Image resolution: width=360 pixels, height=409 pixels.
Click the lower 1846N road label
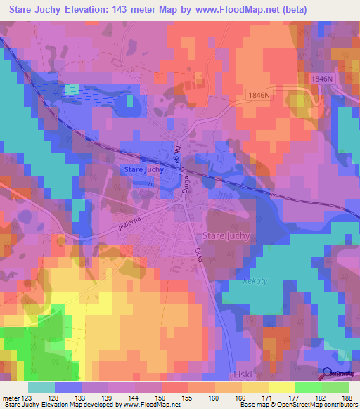(259, 94)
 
